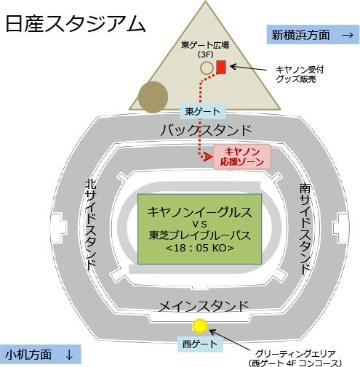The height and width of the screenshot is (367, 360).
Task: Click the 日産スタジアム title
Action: coord(76,23)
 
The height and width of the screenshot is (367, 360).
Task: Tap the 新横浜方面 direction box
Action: coord(313,35)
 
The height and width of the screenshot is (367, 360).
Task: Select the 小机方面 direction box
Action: coord(40,354)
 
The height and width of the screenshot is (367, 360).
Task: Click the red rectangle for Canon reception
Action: coord(221,67)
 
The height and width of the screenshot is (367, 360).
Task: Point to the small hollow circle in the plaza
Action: coord(207,68)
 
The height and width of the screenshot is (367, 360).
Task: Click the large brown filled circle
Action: coord(153,97)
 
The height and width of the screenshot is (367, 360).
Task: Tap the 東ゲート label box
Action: coord(203,111)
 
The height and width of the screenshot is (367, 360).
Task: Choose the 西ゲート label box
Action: coord(200,344)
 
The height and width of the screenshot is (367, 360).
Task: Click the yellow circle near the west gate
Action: coord(200,326)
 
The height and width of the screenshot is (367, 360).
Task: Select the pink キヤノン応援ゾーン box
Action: coord(242,157)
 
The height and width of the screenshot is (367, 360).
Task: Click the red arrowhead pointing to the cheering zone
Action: coord(207,157)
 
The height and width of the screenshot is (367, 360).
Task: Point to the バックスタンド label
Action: coord(206,130)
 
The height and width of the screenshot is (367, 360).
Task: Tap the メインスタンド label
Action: coord(204,306)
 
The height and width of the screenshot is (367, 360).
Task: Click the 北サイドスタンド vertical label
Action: coord(91,225)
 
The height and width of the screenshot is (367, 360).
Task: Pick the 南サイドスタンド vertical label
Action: coord(305,228)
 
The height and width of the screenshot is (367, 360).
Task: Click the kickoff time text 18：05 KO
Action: coord(200,248)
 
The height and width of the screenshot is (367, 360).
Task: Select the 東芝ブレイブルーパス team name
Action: coord(200,235)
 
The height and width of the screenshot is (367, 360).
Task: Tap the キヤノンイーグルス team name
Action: coord(200,212)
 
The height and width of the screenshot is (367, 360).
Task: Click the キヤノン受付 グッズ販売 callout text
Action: coord(300,74)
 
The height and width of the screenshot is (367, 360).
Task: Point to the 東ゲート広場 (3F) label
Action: coord(205,49)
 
